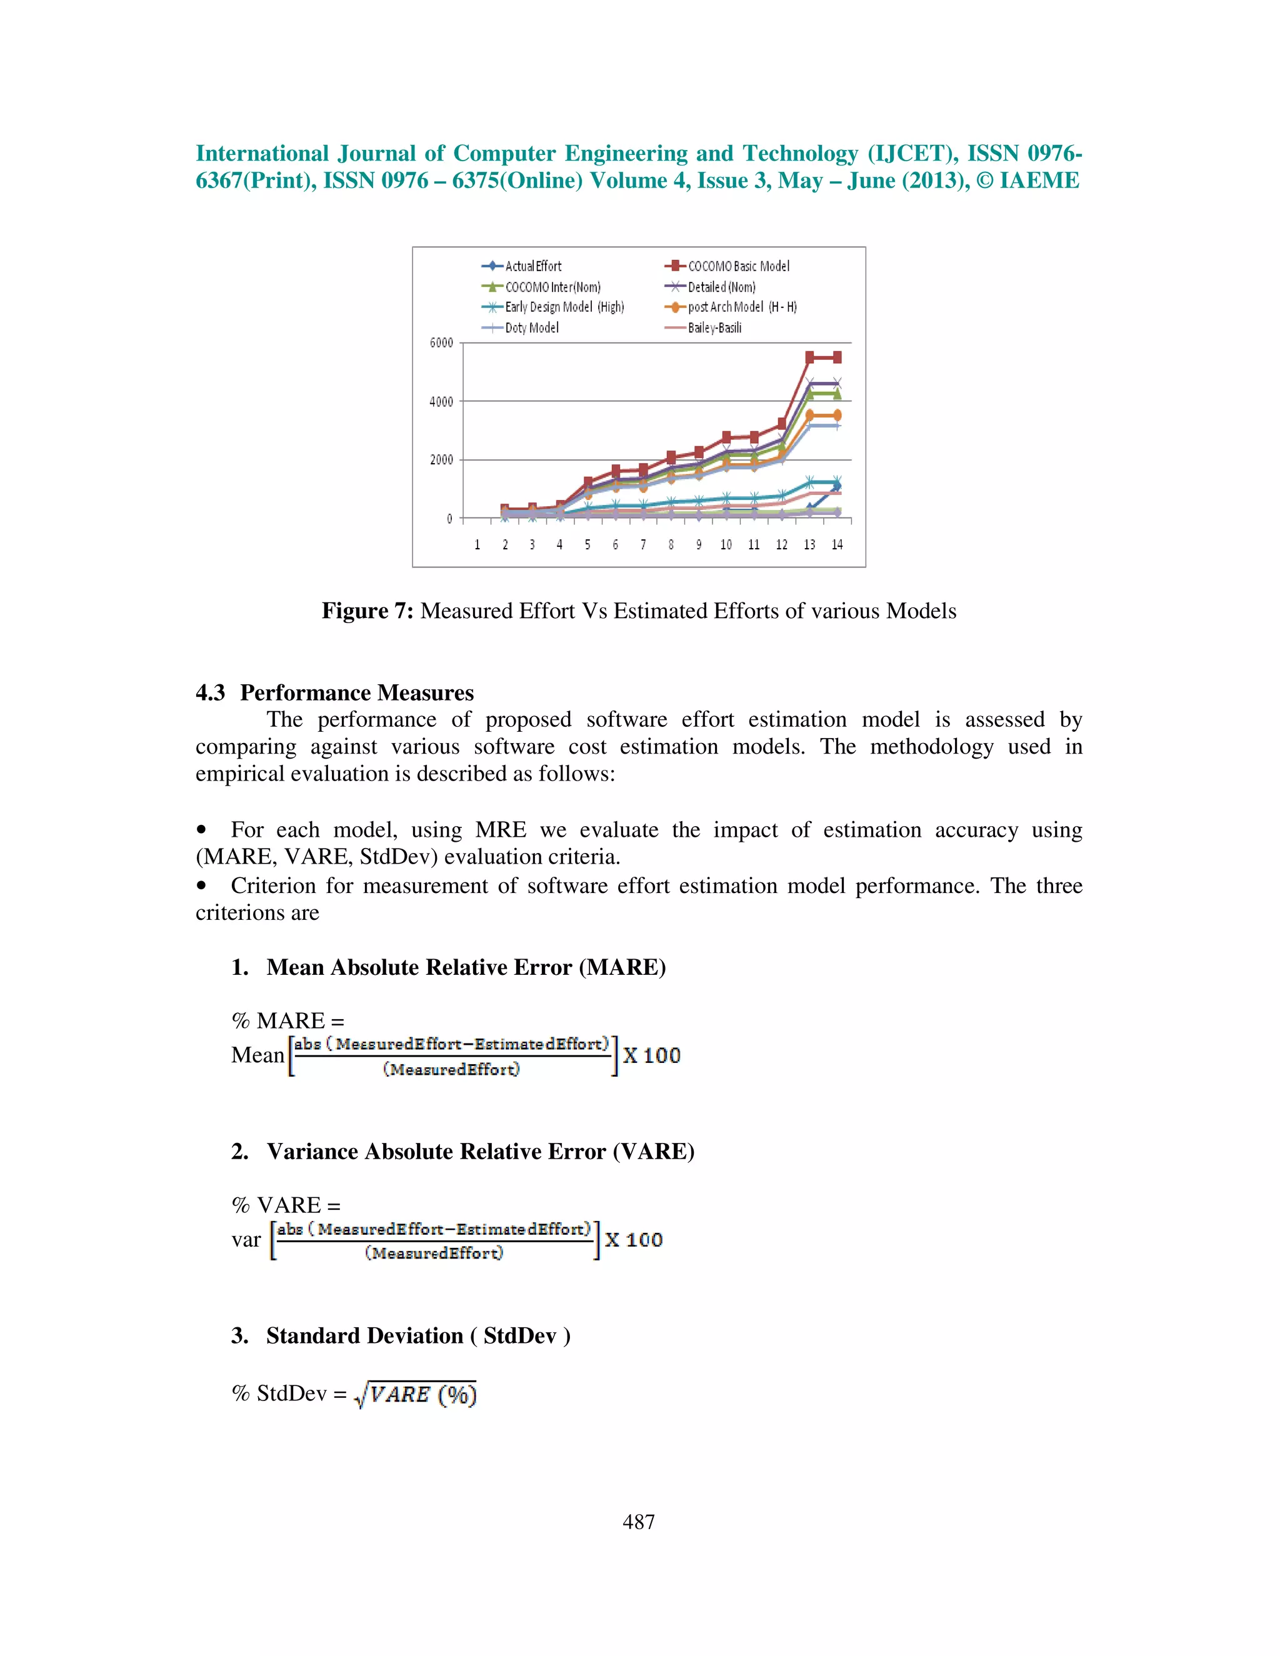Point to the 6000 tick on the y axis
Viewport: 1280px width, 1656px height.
441,342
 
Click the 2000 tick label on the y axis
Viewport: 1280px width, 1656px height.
441,459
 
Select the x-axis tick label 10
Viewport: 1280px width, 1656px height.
726,544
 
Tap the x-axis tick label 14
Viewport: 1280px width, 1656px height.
836,544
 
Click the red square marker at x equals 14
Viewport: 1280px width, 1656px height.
837,357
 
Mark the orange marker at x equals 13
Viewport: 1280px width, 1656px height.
810,415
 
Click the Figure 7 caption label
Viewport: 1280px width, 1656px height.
367,611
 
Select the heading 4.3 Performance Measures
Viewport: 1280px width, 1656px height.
334,692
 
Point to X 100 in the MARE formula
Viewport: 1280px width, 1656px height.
651,1055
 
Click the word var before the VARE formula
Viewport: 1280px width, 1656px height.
246,1240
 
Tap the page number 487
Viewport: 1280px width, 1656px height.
639,1521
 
